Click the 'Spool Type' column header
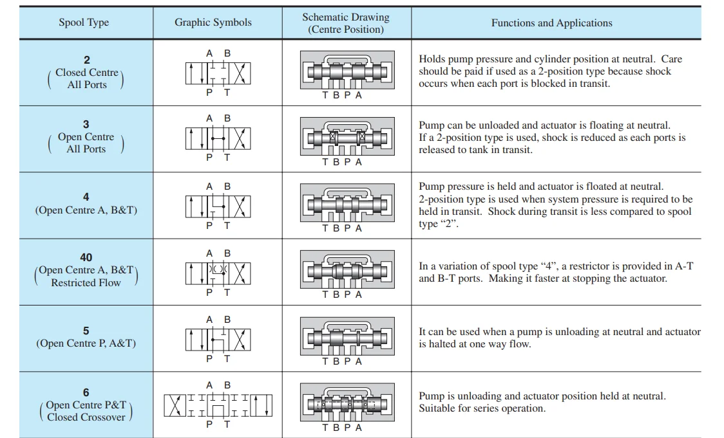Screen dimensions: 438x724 click(x=84, y=23)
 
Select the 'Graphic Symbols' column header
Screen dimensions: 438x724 click(x=214, y=23)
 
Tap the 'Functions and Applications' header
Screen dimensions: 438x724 click(x=551, y=23)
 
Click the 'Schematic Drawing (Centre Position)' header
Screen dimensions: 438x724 click(x=346, y=23)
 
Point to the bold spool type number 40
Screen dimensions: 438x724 click(x=86, y=257)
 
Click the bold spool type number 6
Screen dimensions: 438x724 click(x=86, y=392)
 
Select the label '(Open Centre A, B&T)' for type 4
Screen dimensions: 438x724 click(x=86, y=210)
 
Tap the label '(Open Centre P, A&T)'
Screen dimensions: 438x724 click(x=86, y=343)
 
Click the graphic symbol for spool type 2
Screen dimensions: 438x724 click(x=218, y=73)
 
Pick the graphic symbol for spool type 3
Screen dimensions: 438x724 click(x=218, y=138)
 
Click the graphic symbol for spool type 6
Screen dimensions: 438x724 click(x=218, y=405)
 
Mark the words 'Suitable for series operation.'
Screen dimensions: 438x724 click(x=482, y=408)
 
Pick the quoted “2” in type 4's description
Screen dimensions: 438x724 click(x=447, y=224)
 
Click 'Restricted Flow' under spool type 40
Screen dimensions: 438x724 click(x=86, y=282)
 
